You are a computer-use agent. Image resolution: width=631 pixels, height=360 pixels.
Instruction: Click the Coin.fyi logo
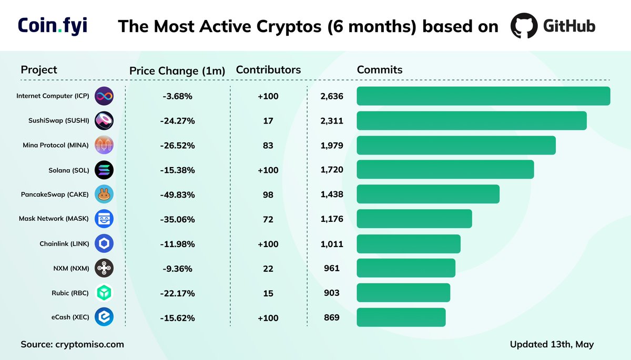[53, 26]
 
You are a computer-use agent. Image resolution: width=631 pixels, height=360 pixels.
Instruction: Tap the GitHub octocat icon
[524, 26]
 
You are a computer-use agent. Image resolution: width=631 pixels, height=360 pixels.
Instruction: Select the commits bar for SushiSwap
[472, 121]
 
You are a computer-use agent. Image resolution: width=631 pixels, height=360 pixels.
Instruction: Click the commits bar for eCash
[401, 317]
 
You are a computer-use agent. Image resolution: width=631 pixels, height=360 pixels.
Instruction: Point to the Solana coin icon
[104, 170]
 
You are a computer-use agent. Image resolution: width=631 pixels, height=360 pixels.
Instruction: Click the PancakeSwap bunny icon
[104, 194]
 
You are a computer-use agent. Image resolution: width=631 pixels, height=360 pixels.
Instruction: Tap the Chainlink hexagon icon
[104, 244]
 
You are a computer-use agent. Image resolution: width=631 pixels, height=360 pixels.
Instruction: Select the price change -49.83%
[178, 194]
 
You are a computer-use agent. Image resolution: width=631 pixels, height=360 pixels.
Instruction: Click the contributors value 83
[268, 146]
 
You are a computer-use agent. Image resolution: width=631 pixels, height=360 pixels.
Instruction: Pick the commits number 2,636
[332, 96]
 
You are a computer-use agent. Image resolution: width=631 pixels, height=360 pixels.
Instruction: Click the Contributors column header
[268, 69]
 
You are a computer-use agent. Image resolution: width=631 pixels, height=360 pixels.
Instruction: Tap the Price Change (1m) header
[177, 70]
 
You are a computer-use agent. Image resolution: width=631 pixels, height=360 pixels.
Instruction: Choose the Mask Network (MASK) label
[54, 219]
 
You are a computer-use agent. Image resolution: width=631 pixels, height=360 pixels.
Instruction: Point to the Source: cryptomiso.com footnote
[73, 344]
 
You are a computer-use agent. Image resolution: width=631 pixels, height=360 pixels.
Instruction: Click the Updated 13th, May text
[552, 344]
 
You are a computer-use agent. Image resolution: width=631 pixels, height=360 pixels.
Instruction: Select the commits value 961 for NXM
[332, 269]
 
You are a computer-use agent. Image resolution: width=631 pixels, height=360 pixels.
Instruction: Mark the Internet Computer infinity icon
[104, 96]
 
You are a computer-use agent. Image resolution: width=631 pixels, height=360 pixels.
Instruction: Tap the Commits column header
[380, 69]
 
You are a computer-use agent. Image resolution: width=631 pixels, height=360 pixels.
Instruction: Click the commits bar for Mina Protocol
[456, 146]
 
